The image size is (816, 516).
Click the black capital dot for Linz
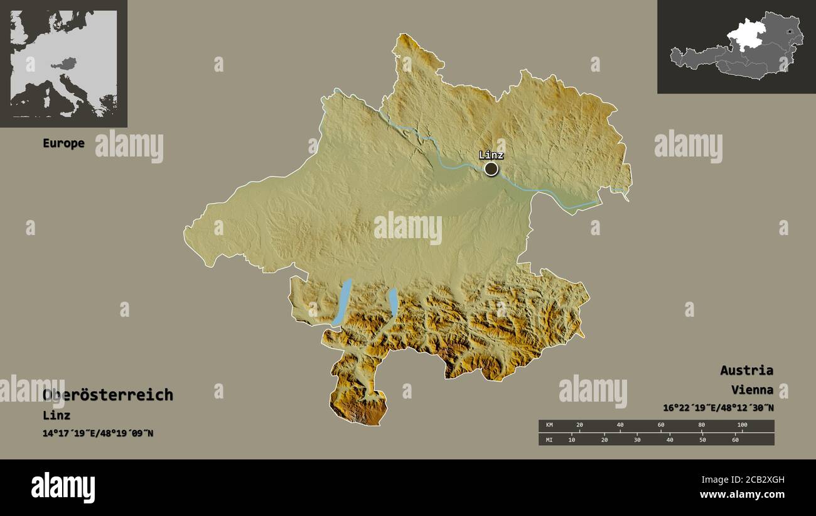pyautogui.click(x=491, y=168)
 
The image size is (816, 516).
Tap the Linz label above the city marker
pyautogui.click(x=491, y=155)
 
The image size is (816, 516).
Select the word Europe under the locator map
pyautogui.click(x=63, y=143)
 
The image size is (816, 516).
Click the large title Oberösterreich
pyautogui.click(x=108, y=395)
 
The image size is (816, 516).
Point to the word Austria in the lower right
pyautogui.click(x=746, y=370)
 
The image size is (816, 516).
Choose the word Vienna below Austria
pyautogui.click(x=751, y=390)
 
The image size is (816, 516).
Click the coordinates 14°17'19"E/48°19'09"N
pyautogui.click(x=98, y=433)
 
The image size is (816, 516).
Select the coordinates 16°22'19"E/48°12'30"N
pyautogui.click(x=718, y=408)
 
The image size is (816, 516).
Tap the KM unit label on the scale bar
pyautogui.click(x=549, y=425)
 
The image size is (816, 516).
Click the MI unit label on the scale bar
pyautogui.click(x=549, y=439)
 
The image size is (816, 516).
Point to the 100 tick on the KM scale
pyautogui.click(x=742, y=425)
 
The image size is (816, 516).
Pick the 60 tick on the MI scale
pyautogui.click(x=735, y=439)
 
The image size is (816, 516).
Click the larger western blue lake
pyautogui.click(x=343, y=302)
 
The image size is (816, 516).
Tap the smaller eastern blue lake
pyautogui.click(x=393, y=302)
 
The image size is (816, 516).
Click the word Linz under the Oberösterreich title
pyautogui.click(x=56, y=415)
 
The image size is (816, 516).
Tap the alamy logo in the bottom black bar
pyautogui.click(x=63, y=488)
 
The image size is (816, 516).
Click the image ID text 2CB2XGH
pyautogui.click(x=761, y=480)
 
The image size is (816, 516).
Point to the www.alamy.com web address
pyautogui.click(x=743, y=495)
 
